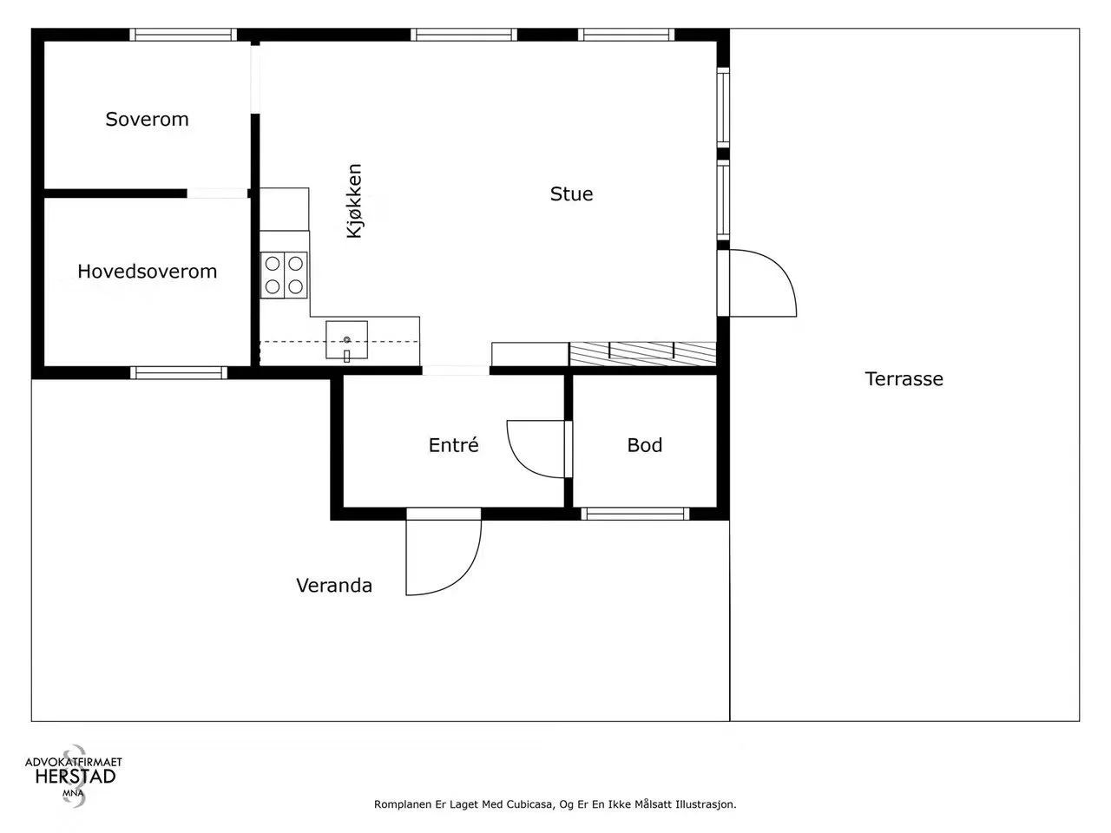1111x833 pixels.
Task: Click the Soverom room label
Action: [x=147, y=120]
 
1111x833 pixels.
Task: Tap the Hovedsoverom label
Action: [x=148, y=272]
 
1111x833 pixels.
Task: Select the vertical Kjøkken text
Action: [x=354, y=200]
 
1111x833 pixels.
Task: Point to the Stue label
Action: [x=571, y=193]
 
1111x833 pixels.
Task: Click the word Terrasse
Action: [x=904, y=379]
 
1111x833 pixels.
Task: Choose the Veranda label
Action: [x=334, y=585]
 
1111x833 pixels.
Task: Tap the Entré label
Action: [x=453, y=444]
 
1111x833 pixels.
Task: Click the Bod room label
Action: [x=644, y=445]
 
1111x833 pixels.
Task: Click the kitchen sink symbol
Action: [x=346, y=340]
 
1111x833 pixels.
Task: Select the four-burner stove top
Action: [x=284, y=275]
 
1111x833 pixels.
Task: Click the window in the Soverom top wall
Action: [x=183, y=35]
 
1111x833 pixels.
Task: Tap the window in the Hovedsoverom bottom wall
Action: [x=179, y=373]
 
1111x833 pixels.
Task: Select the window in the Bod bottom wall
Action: [x=635, y=514]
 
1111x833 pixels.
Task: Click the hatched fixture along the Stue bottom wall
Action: [x=643, y=353]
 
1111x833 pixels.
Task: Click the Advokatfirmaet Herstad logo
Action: [x=74, y=776]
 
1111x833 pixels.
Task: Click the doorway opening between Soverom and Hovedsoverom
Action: [x=217, y=193]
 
